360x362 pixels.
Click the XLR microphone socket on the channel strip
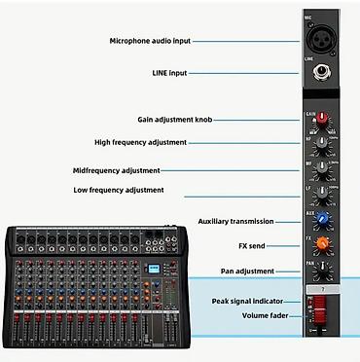pyautogui.click(x=320, y=41)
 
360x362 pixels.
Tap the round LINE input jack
pyautogui.click(x=320, y=72)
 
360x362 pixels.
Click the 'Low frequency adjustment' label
pyautogui.click(x=119, y=190)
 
